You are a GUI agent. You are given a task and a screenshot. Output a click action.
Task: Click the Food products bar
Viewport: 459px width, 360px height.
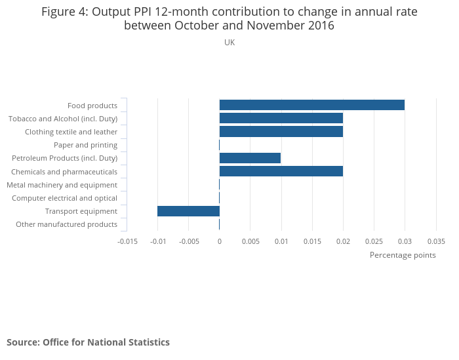point(311,105)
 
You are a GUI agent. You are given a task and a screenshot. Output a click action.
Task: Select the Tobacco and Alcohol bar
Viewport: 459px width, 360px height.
point(281,118)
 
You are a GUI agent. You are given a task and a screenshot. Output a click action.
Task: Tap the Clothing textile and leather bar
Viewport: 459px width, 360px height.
point(281,131)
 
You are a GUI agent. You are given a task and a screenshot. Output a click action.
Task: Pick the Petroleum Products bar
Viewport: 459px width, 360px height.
point(250,158)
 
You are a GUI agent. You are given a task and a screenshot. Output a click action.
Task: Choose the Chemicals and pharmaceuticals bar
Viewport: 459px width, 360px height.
point(281,171)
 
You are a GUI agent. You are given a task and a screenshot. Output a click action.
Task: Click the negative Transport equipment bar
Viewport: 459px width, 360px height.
point(188,211)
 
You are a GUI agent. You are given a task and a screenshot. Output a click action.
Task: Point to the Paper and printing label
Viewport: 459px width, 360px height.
point(85,145)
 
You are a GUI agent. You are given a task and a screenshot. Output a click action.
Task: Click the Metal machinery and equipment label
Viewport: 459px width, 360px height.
point(62,185)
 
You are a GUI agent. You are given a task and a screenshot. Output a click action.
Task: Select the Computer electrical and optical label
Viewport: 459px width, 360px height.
point(64,198)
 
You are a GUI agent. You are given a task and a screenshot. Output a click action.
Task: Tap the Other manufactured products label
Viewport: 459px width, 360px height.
point(66,224)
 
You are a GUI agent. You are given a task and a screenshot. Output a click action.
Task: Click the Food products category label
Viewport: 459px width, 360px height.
point(92,106)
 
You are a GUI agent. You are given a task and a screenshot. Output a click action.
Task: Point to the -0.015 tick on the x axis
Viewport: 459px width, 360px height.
point(127,241)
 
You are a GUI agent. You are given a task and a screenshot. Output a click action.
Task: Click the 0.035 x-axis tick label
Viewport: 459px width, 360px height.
point(436,241)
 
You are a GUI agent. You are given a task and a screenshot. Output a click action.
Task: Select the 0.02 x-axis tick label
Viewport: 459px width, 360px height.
point(343,241)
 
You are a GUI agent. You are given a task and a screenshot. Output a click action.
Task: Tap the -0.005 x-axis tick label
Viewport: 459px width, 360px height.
point(189,241)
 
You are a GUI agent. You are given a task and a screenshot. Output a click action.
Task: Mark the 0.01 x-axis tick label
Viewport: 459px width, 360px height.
point(281,241)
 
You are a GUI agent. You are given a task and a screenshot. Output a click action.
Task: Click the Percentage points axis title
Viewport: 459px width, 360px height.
point(403,255)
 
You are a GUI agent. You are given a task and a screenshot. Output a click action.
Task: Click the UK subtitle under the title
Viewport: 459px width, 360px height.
point(229,43)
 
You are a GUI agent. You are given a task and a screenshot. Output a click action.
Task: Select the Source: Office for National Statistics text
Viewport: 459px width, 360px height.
point(88,342)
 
